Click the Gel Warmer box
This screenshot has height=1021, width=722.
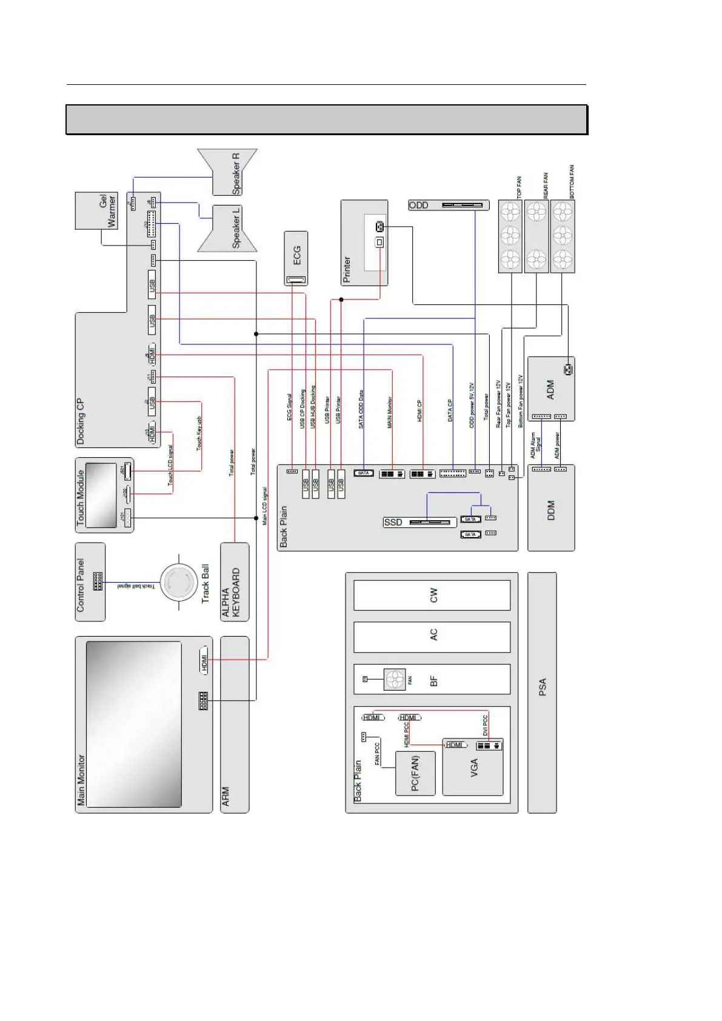tap(96, 210)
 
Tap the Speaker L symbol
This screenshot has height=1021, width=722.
tap(229, 228)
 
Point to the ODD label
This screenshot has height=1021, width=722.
tap(418, 206)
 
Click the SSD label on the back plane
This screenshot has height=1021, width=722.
tap(393, 522)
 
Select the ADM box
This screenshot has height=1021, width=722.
tap(550, 389)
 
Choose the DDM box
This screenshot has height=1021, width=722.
tap(550, 508)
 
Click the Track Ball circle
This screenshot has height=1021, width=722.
tap(179, 582)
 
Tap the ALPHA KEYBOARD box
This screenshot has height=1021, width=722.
tap(235, 582)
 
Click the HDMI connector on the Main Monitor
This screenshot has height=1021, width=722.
tap(204, 660)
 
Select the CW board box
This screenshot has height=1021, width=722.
tap(432, 595)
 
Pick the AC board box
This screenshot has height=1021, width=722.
tap(432, 636)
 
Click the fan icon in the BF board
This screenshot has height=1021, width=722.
tap(395, 680)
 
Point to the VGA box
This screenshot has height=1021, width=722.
tap(473, 768)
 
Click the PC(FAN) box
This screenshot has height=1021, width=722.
tap(415, 773)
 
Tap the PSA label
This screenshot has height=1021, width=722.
tap(543, 687)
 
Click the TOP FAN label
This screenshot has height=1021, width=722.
tap(519, 187)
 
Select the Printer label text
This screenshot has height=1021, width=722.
tap(347, 269)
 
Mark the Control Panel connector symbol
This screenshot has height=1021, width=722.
tap(98, 581)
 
